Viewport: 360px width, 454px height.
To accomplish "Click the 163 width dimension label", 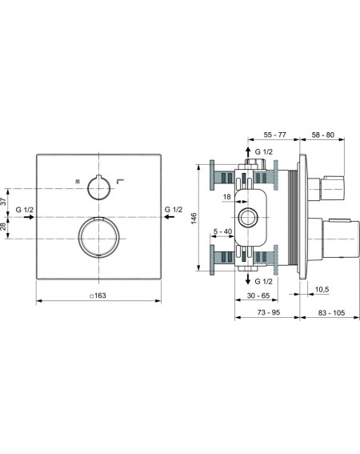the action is pos(98,295).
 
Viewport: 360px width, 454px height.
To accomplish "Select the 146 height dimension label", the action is pos(194,218).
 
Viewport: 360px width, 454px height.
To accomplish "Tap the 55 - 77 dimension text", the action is pos(274,135).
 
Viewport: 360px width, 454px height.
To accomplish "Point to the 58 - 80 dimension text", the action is pos(323,135).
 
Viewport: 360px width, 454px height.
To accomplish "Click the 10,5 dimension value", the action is pos(322,290).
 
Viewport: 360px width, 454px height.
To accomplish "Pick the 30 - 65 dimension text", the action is pos(258,295).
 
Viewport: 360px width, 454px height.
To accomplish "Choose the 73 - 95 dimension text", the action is pos(269,313).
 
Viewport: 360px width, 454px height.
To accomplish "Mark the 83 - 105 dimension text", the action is pos(332,313).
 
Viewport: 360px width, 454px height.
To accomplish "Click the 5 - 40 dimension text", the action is pos(222,231).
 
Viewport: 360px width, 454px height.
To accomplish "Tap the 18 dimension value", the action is pos(227,197).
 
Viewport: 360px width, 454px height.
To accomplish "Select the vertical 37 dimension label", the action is pos(3,201).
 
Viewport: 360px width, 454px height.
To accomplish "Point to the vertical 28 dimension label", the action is pos(3,226).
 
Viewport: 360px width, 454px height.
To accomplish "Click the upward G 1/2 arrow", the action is pos(248,153).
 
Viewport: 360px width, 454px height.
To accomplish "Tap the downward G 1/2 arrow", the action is pos(248,279).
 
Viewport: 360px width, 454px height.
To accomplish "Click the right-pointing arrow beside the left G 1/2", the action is pos(29,217).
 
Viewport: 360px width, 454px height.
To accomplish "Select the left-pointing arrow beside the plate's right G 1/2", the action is pos(170,217).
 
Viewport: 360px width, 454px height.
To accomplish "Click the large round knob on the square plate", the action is pos(99,237).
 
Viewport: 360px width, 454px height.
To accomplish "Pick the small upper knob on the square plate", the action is pos(98,188).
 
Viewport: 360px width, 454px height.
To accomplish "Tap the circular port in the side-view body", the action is pos(248,218).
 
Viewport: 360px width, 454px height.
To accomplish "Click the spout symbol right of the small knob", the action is pos(120,182).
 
